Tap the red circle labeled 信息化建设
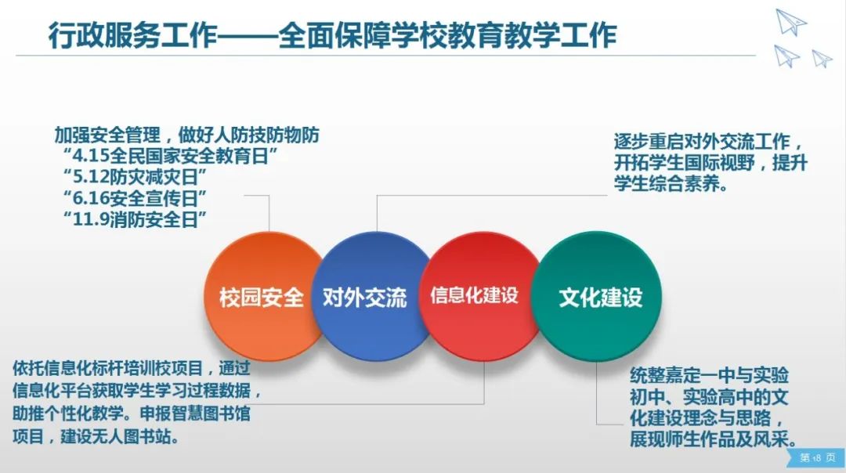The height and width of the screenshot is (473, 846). point(478,297)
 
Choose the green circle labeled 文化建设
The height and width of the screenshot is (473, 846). point(597,297)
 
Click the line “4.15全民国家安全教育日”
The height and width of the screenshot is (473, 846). point(171,156)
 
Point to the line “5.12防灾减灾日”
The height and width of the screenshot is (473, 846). point(135,177)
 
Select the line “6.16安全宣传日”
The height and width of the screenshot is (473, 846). point(135,198)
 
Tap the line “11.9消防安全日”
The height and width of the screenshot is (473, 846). point(135,219)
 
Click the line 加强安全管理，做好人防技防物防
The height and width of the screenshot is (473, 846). point(186,135)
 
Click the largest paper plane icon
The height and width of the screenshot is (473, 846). point(791,22)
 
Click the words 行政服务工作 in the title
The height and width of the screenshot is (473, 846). point(132,35)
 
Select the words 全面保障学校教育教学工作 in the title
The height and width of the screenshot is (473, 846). point(448,35)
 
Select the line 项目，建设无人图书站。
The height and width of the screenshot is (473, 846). point(96,436)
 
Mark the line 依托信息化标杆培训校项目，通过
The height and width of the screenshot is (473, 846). point(132,368)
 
